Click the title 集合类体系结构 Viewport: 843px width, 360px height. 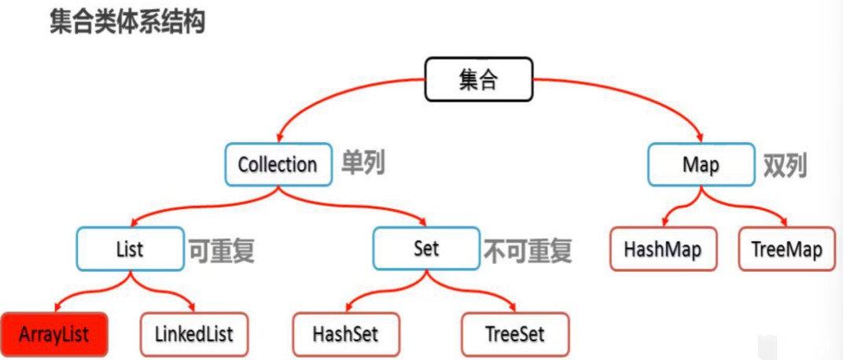pos(127,22)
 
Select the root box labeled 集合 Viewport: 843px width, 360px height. pos(477,80)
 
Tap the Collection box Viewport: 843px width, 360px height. pos(277,164)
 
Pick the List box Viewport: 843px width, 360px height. pos(129,249)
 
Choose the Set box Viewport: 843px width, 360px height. pos(425,249)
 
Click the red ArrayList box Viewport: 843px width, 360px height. pos(54,334)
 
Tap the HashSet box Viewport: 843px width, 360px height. pos(345,334)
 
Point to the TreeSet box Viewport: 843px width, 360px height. pos(515,334)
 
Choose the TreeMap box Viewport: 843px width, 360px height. pos(786,250)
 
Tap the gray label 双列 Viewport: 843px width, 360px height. pos(785,165)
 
